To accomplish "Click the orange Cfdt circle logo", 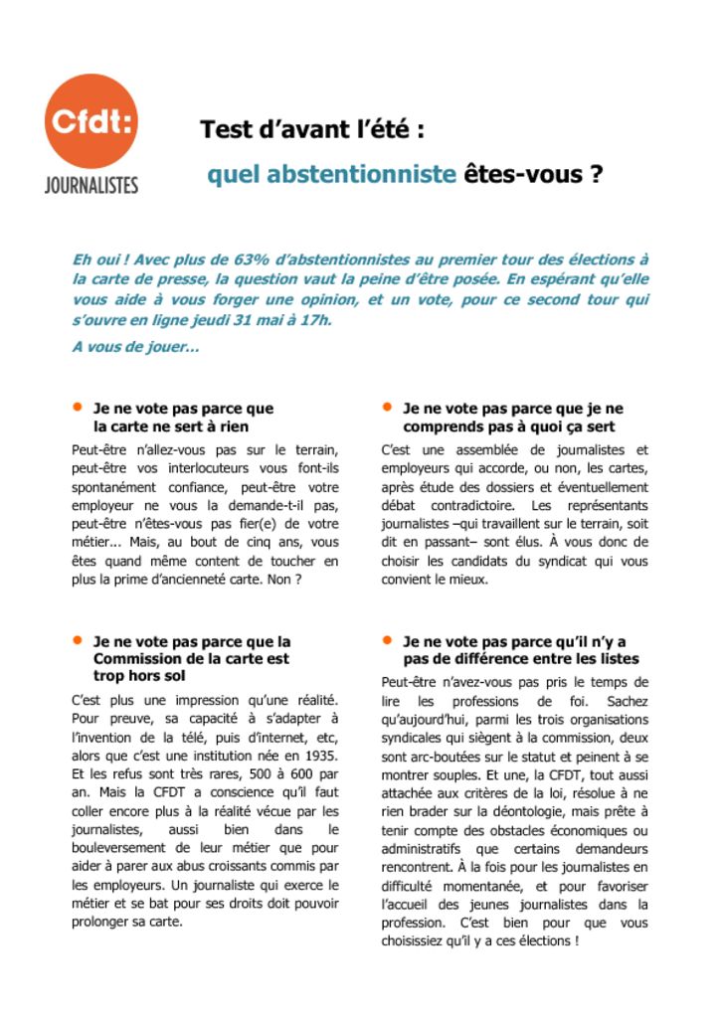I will pos(91,120).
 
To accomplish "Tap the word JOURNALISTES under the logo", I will pos(91,185).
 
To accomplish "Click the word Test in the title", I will pos(224,129).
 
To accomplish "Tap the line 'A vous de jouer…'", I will pos(135,347).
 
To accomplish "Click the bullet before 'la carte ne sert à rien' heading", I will pos(77,407).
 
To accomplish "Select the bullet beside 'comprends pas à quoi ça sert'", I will pos(386,407).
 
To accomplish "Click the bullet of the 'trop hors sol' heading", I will pos(77,640).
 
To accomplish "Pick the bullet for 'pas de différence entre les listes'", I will pos(386,640).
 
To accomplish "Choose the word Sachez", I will pos(626,701).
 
